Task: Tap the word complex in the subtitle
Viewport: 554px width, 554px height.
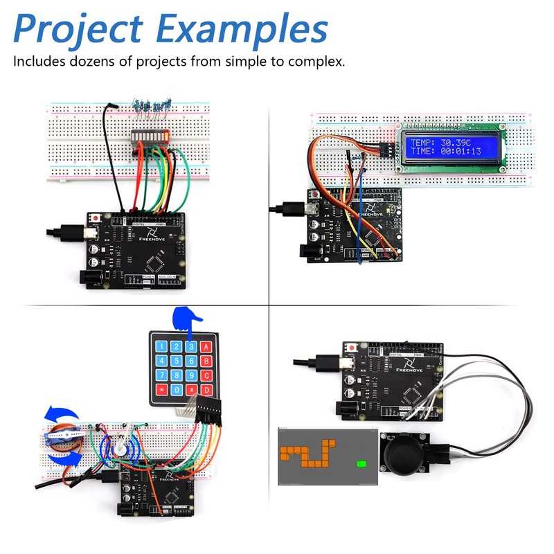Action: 316,61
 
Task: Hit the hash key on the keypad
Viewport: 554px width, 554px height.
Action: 191,391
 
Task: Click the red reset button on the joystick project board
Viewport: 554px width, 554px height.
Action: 353,346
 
